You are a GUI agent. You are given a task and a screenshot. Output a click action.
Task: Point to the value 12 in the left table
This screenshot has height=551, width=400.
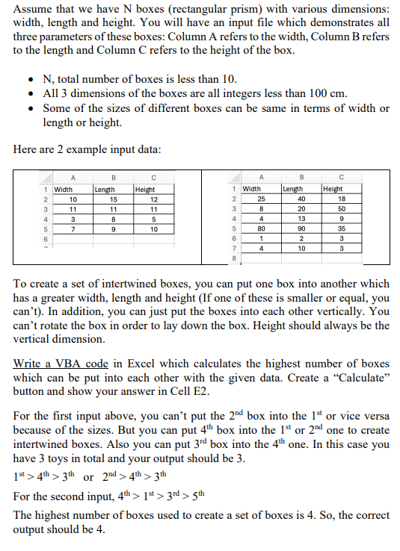click(x=153, y=200)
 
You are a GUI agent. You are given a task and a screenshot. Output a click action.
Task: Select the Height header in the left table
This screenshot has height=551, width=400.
click(x=146, y=190)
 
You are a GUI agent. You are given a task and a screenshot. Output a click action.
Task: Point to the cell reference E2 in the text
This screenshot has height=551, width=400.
click(x=200, y=391)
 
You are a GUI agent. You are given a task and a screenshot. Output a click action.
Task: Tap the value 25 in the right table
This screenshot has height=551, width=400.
click(x=260, y=200)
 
